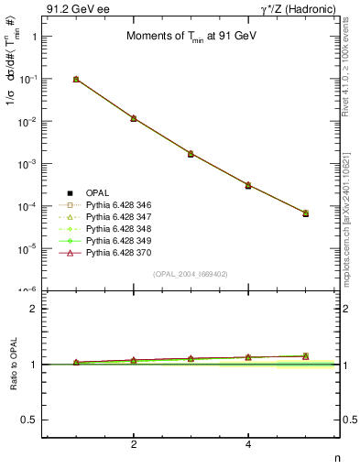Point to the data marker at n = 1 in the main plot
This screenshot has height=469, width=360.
[76, 80]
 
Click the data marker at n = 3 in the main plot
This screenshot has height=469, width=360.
[191, 153]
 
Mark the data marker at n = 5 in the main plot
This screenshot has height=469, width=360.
[306, 213]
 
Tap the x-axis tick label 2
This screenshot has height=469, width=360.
[134, 445]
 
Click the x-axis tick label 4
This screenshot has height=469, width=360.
[248, 445]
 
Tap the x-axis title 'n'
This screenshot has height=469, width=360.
[336, 457]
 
